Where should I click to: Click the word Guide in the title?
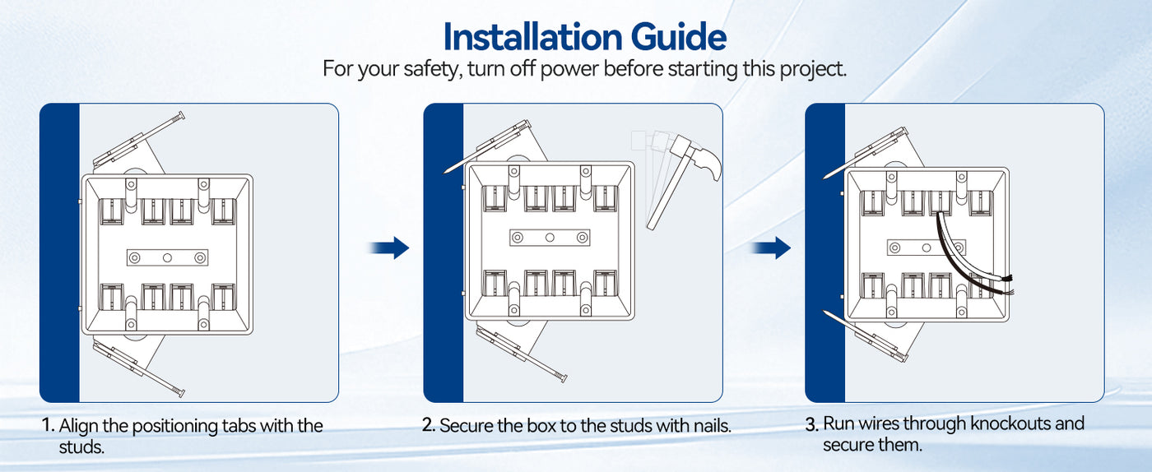(678, 36)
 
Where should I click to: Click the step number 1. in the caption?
(49, 426)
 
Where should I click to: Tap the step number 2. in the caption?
(429, 425)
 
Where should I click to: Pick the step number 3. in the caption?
(812, 424)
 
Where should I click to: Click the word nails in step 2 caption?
(712, 426)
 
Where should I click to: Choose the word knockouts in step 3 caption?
(1010, 423)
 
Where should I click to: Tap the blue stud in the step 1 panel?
(59, 252)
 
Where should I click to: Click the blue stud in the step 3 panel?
(825, 252)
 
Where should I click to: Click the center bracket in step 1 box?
(167, 257)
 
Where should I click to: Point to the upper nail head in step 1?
(180, 116)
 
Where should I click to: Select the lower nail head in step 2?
(563, 378)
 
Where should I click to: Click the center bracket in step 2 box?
(550, 238)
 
